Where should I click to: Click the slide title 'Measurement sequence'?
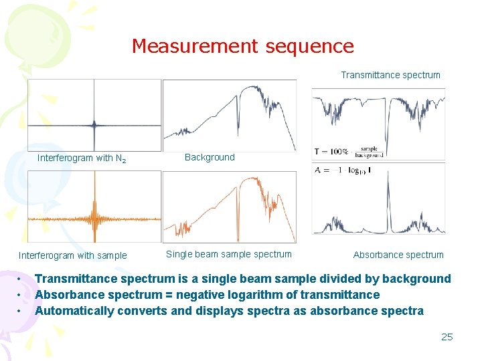coord(242,46)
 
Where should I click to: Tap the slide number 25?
coord(447,336)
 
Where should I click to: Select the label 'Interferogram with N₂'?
coord(82,158)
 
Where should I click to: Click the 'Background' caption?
coord(210,157)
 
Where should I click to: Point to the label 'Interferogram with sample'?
coord(72,255)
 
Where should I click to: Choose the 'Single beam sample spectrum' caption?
coord(229,254)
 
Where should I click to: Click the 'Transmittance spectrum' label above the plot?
coord(390,75)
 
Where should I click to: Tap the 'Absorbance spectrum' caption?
coord(398,255)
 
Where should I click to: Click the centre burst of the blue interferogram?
coord(94,124)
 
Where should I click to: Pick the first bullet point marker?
coord(21,279)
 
